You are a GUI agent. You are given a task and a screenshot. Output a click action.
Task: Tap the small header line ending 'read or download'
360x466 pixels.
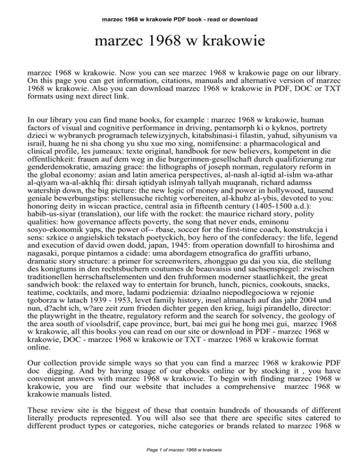pos(180,20)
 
